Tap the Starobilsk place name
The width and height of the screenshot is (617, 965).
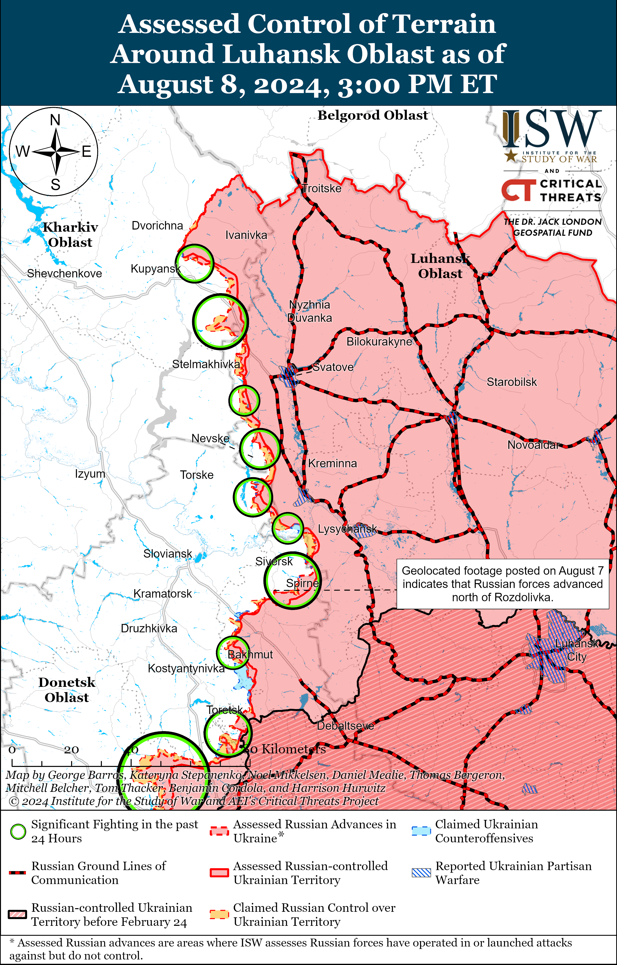pyautogui.click(x=512, y=382)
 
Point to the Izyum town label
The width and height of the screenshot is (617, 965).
pyautogui.click(x=90, y=474)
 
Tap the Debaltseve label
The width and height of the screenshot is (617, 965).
pyautogui.click(x=345, y=726)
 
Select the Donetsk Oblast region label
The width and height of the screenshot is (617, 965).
pyautogui.click(x=67, y=690)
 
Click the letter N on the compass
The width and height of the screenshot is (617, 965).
pyautogui.click(x=55, y=120)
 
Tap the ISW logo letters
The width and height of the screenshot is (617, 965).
pyautogui.click(x=552, y=129)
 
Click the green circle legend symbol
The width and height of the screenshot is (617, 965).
pyautogui.click(x=18, y=831)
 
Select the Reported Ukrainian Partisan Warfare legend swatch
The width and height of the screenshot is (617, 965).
pyautogui.click(x=421, y=873)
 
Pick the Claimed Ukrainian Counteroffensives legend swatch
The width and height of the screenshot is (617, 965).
pyautogui.click(x=421, y=831)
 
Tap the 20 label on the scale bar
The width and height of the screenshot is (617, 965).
pyautogui.click(x=71, y=750)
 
